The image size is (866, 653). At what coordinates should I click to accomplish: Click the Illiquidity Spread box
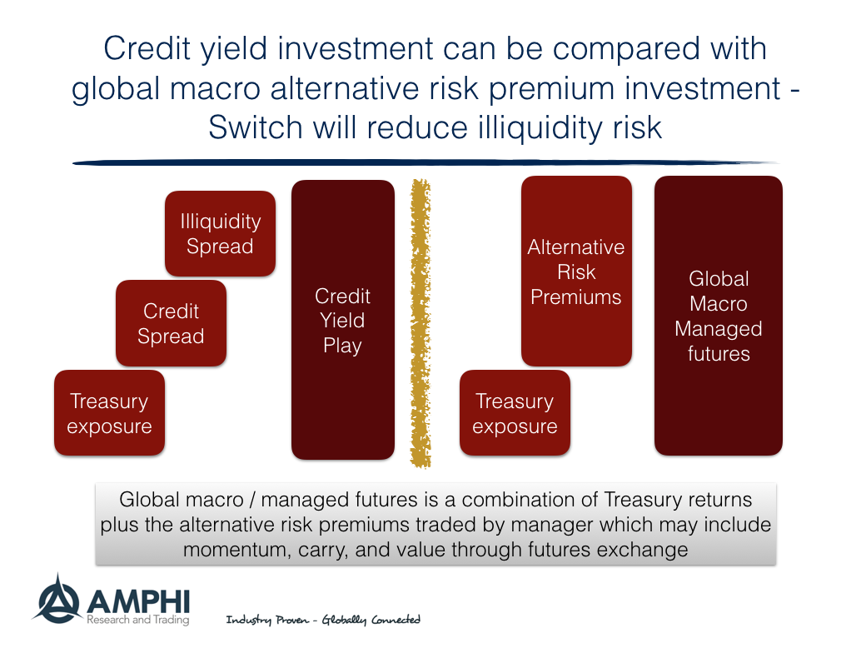coord(220,233)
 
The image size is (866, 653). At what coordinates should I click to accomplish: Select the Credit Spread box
coord(171,323)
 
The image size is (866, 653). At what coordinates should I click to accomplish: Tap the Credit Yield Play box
coord(342,320)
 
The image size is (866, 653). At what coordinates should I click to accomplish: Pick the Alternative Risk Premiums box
coord(576,272)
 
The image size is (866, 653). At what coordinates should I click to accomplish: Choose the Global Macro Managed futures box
coord(718,316)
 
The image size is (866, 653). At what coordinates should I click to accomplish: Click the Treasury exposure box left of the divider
coord(109,413)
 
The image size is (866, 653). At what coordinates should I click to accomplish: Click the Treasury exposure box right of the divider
coord(515,413)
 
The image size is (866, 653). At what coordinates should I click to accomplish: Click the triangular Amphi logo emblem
coord(56,597)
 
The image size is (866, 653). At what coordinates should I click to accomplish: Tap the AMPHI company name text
coord(137,599)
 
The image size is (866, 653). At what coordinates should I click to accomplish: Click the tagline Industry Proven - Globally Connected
coord(323,620)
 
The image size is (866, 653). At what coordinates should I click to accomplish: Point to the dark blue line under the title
coord(425,162)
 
